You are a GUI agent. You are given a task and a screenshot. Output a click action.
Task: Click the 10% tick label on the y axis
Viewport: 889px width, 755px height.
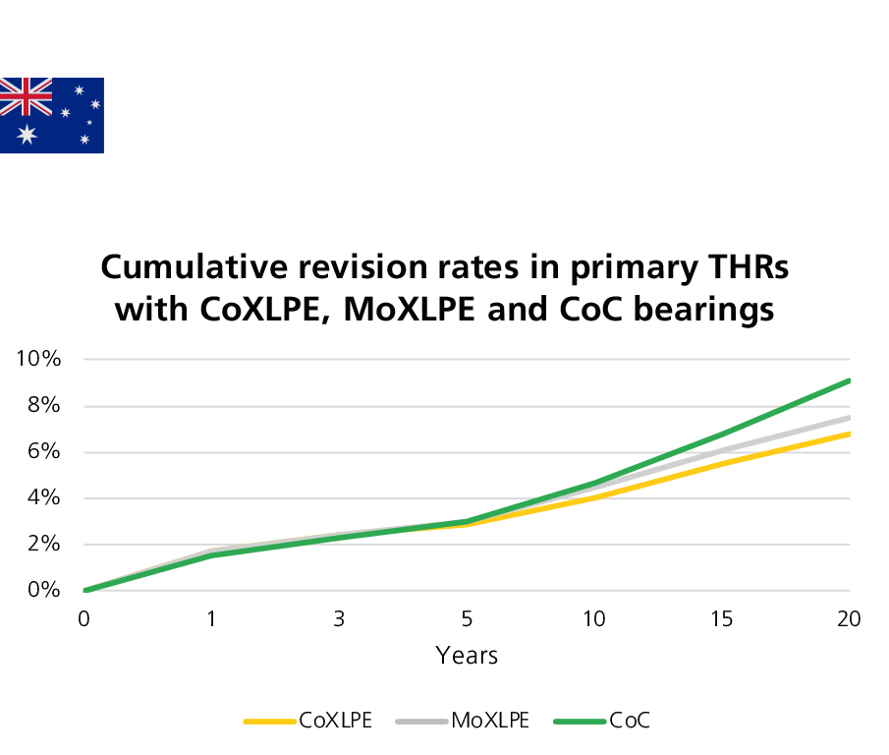[39, 359]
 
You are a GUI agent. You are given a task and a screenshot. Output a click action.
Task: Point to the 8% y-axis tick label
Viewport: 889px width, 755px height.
[44, 405]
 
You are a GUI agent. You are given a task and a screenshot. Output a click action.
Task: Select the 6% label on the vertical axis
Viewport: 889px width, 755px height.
[44, 451]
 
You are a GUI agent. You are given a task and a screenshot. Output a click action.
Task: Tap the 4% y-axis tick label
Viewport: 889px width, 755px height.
[44, 497]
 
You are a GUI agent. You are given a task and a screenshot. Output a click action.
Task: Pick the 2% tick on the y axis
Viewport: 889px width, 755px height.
[44, 544]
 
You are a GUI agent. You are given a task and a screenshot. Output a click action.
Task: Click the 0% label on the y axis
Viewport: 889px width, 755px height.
[44, 590]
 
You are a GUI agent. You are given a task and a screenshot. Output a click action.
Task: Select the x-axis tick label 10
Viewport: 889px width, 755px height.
[593, 619]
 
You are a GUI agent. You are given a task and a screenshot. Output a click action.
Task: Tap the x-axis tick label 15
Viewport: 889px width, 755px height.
[722, 619]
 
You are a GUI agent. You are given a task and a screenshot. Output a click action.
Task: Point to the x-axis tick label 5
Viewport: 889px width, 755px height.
[468, 619]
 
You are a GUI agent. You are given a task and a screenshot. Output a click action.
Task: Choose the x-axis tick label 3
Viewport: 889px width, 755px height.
[340, 619]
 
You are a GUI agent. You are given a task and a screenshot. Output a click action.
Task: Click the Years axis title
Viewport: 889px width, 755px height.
[468, 656]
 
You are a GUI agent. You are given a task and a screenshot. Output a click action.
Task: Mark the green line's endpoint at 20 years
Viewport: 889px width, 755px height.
[849, 380]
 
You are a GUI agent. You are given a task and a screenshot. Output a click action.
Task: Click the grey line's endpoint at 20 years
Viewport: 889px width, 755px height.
[849, 418]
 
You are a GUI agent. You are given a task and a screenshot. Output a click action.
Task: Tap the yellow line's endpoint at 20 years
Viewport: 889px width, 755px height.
[849, 434]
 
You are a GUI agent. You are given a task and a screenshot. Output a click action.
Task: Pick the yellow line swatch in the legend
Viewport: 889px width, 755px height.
[270, 722]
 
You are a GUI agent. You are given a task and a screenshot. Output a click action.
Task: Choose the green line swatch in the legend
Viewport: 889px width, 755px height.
[580, 722]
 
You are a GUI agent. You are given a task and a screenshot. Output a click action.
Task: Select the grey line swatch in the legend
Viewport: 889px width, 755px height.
[422, 722]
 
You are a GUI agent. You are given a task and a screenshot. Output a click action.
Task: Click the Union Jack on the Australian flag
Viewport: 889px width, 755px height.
[27, 96]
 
